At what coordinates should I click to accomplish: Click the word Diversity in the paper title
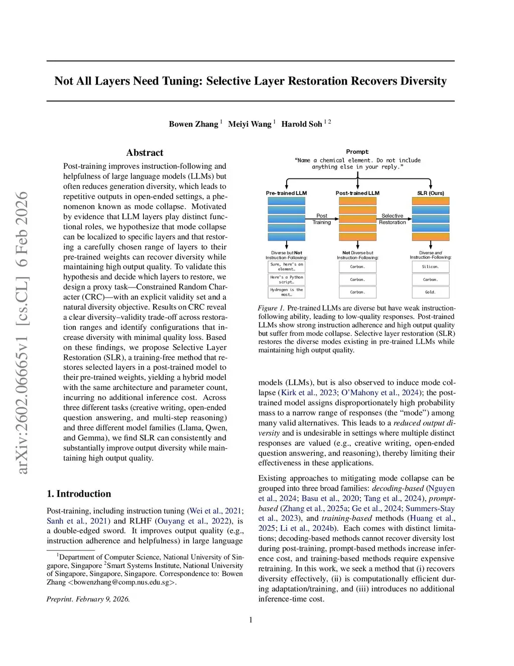coord(423,81)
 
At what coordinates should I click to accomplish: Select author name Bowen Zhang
coord(193,124)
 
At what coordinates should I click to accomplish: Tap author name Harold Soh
coord(301,124)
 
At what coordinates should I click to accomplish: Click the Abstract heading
coord(145,153)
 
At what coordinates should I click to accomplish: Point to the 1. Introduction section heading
coord(79,494)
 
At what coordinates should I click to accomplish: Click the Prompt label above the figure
coord(357,152)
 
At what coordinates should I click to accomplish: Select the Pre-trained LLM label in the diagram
coord(286,193)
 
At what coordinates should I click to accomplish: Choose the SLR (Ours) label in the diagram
coord(430,193)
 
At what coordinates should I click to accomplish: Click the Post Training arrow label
coord(322,219)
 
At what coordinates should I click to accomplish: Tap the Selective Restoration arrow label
coord(392,219)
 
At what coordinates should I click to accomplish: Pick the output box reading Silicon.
coord(430,267)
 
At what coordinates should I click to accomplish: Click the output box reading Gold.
coord(430,292)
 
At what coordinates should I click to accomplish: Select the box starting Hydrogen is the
coord(286,292)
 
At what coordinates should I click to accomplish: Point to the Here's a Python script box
coord(286,279)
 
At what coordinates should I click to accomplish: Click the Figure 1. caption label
coord(271,308)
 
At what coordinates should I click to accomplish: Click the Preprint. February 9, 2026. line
coord(88,599)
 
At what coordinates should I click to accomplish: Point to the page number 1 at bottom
coord(251,620)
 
